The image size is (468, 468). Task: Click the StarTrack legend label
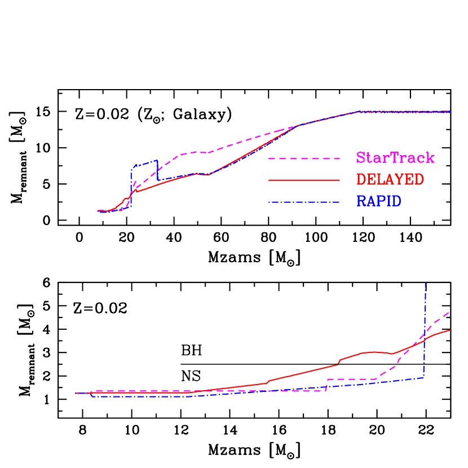click(395, 158)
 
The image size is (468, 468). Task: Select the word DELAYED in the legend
click(390, 179)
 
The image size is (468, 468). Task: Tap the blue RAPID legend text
click(378, 201)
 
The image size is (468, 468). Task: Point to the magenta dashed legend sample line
click(304, 159)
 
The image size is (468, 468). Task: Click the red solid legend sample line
click(304, 180)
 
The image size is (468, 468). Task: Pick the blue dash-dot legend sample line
click(304, 202)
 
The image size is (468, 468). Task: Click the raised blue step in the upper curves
click(144, 164)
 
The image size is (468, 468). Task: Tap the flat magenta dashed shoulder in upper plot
click(195, 152)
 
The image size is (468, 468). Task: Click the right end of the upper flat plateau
click(450, 112)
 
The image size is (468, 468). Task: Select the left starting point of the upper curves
click(99, 211)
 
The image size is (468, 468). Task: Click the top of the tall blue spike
click(425, 283)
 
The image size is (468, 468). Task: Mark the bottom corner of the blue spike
click(423, 377)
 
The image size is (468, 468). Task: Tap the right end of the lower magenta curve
click(449, 311)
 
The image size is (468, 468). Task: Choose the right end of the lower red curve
click(450, 330)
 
